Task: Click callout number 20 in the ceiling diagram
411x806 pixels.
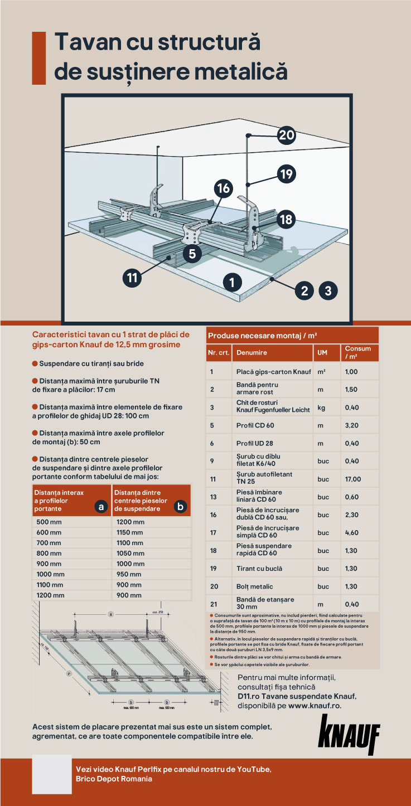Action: (286, 135)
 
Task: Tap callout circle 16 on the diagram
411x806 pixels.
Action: (224, 188)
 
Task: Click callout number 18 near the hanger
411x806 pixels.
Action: (286, 220)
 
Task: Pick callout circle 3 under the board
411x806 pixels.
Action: (328, 290)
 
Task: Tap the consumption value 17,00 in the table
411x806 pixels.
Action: (353, 479)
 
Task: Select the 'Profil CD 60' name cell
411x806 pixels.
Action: (255, 426)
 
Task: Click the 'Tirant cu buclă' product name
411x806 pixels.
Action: (259, 569)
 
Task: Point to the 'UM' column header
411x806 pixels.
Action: (323, 352)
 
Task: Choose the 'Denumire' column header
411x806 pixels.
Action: (252, 352)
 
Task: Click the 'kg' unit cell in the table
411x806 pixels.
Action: (322, 407)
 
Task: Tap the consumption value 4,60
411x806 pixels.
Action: (352, 533)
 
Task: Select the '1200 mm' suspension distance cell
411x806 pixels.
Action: (130, 522)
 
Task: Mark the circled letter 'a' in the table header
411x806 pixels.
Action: (101, 507)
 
